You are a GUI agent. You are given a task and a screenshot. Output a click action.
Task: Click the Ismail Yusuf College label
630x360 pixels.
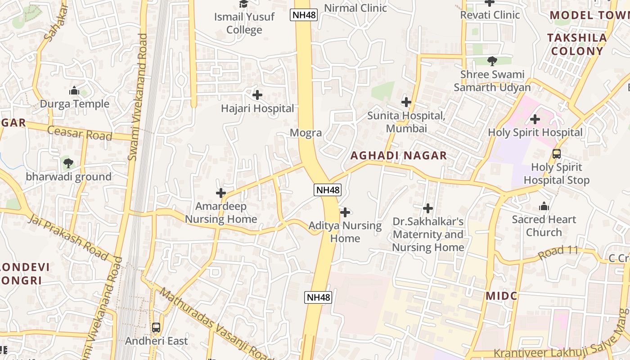244,23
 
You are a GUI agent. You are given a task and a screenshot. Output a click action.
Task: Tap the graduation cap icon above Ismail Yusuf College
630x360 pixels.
243,4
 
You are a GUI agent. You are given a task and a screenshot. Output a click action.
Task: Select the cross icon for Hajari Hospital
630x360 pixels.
257,95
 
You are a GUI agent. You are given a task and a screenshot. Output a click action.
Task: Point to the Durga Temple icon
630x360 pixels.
74,90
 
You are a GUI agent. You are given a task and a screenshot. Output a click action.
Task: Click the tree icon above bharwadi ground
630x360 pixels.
68,163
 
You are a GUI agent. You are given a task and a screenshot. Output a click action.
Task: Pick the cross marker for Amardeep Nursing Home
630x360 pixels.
221,193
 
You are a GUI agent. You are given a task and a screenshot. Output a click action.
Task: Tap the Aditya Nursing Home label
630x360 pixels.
345,232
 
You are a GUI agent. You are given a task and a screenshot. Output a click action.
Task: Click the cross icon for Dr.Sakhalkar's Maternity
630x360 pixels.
428,208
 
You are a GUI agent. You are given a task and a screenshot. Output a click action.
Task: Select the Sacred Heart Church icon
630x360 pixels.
544,207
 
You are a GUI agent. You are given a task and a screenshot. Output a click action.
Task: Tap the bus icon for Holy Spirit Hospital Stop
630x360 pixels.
557,154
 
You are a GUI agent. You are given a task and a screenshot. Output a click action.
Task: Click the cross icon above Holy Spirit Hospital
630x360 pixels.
535,119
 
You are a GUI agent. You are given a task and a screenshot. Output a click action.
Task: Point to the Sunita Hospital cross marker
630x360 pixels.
406,102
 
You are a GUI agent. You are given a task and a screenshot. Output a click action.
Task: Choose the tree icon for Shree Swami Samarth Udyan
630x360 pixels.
492,61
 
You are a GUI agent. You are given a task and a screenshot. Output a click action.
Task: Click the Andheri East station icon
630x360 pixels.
156,328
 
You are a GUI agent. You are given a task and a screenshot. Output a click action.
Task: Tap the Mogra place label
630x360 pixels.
306,133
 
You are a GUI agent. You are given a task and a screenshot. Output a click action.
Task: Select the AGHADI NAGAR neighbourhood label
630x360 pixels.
399,156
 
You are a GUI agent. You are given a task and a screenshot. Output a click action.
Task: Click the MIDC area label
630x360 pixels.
501,296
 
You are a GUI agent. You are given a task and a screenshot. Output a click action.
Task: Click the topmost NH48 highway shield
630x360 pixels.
304,15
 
